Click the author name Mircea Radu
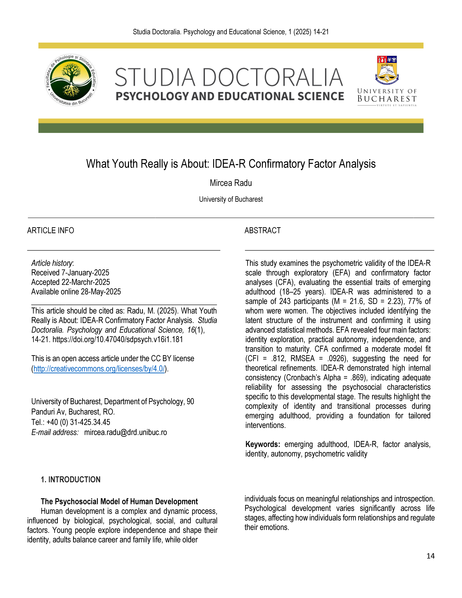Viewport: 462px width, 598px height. pos(231,183)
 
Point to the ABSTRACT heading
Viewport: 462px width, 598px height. pos(262,231)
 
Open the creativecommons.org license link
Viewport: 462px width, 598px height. pos(99,369)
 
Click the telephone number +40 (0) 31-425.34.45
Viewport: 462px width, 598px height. pos(78,422)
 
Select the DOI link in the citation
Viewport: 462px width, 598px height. pos(118,340)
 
